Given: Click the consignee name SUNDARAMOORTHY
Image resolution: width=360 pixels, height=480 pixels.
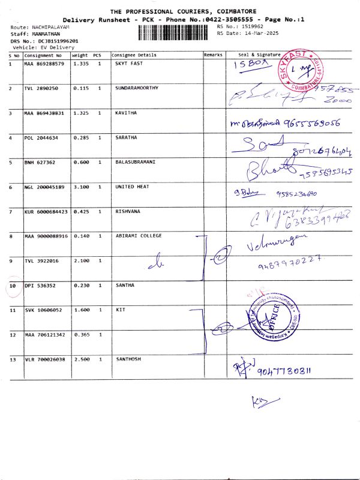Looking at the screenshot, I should [x=137, y=88].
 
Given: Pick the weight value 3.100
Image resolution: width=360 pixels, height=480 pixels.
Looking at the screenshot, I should [x=81, y=187].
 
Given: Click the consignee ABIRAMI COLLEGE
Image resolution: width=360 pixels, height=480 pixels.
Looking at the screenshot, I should [x=139, y=236].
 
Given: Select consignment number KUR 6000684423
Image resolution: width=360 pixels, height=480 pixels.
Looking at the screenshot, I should [x=46, y=212].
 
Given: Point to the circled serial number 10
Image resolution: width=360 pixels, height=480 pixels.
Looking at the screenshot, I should [x=13, y=286].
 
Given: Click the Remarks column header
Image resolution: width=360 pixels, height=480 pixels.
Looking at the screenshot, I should [x=213, y=55].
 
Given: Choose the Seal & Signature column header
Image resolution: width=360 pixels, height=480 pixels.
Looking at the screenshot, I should [x=259, y=55].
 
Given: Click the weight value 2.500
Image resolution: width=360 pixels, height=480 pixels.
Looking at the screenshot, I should [x=81, y=359].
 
